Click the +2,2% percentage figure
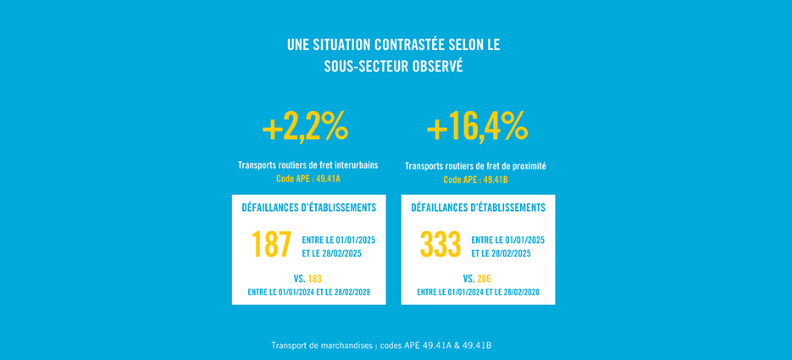(x=305, y=128)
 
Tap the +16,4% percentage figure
(x=477, y=128)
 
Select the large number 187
(x=272, y=246)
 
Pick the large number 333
(x=440, y=246)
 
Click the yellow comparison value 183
(x=315, y=279)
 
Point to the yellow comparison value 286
(x=485, y=279)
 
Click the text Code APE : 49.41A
(x=307, y=179)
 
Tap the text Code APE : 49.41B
(x=476, y=180)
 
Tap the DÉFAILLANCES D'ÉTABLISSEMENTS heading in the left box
(x=309, y=208)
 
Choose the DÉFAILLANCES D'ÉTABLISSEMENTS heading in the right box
(x=478, y=208)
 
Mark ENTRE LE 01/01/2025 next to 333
(x=507, y=240)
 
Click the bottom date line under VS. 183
(x=309, y=292)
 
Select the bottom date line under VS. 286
(x=478, y=292)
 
